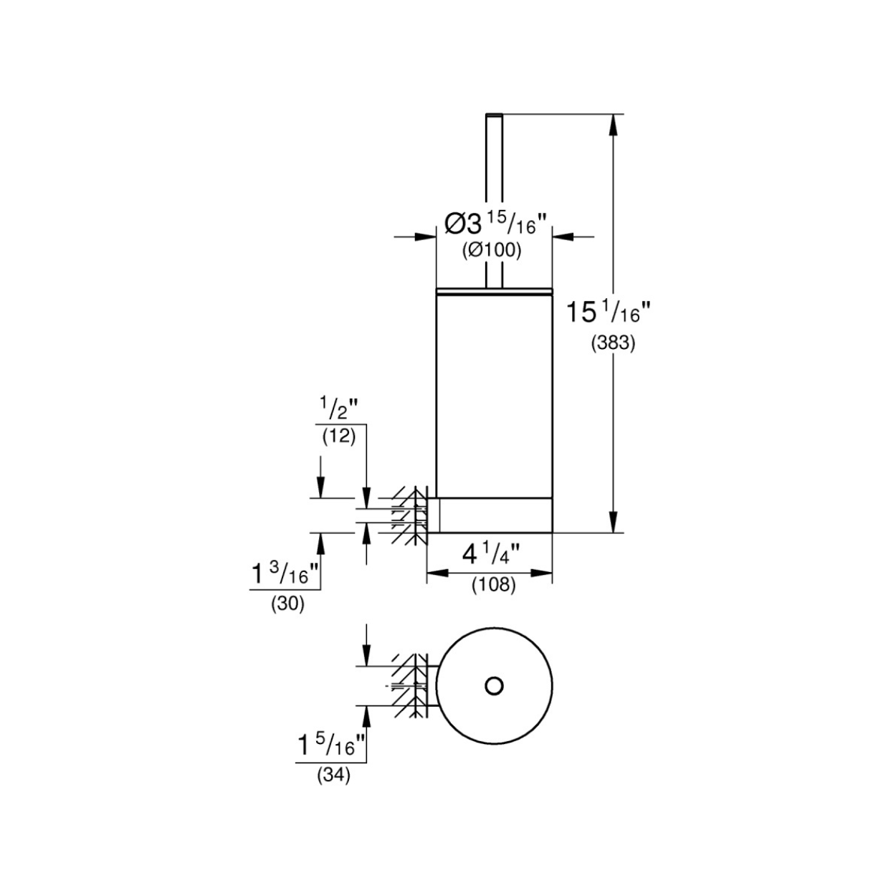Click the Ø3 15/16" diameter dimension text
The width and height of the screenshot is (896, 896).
pyautogui.click(x=495, y=224)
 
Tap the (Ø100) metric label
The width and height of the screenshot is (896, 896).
pyautogui.click(x=492, y=251)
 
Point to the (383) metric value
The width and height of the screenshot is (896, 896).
pyautogui.click(x=613, y=343)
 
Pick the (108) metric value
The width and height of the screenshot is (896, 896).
pyautogui.click(x=494, y=584)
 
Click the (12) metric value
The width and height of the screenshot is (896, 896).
pyautogui.click(x=339, y=437)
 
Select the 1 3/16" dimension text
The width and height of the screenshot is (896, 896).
pyautogui.click(x=285, y=573)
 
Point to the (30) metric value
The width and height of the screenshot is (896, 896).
pyautogui.click(x=288, y=604)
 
